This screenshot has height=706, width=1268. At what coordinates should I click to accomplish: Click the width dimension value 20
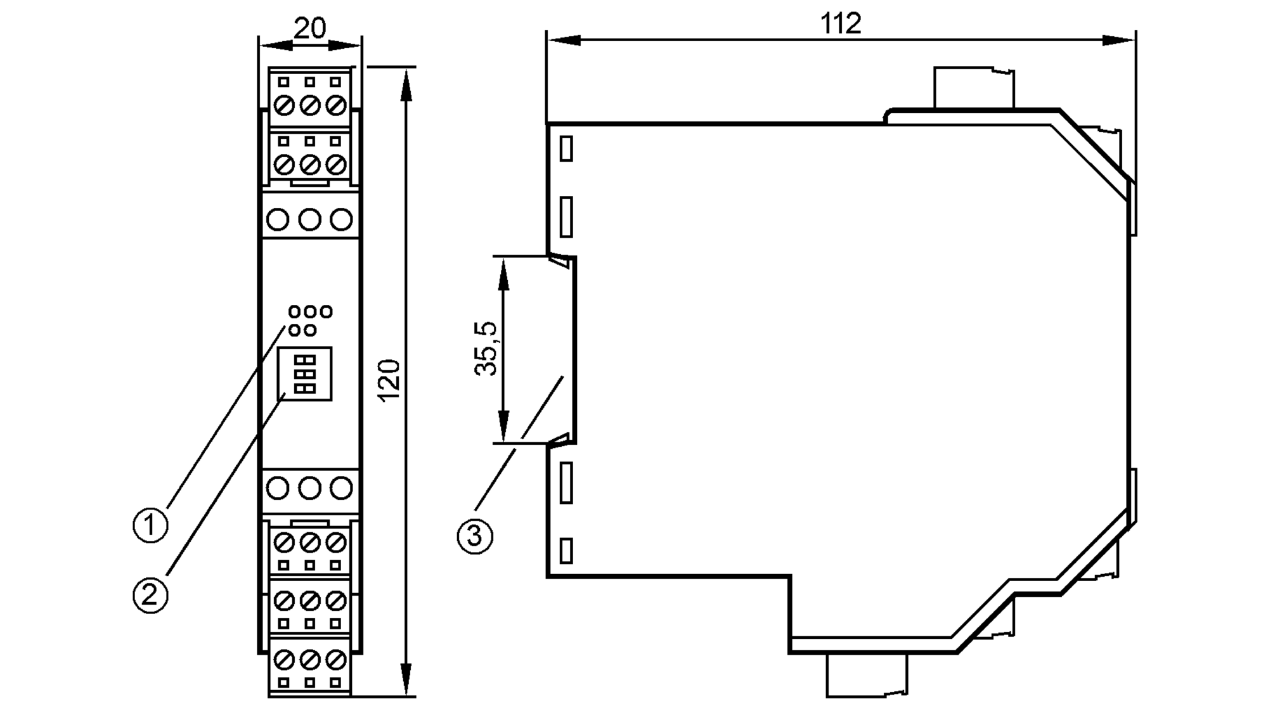[310, 28]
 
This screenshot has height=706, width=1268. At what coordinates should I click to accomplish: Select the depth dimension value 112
[841, 24]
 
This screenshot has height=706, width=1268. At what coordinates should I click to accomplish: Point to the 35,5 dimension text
[488, 349]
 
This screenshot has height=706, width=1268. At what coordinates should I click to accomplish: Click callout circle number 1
[151, 525]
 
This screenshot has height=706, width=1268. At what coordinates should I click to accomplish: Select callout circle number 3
[475, 537]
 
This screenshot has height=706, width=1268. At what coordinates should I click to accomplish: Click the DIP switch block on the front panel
[306, 374]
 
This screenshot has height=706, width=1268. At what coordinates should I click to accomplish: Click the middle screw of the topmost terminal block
[309, 105]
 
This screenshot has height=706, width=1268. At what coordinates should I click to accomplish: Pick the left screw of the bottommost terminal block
[284, 660]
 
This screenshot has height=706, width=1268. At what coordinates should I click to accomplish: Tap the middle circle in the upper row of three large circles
[309, 220]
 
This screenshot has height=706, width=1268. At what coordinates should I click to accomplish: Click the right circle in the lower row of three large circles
[342, 488]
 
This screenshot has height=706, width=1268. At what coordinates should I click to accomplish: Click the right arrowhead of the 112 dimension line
[1120, 41]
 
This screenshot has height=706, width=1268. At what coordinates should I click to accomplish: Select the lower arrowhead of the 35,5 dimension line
[503, 427]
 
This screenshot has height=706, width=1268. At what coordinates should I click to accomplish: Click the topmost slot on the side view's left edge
[566, 149]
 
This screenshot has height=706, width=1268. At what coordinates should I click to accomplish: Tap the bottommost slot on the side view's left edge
[566, 550]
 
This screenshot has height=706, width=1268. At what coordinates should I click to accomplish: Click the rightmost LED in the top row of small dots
[326, 311]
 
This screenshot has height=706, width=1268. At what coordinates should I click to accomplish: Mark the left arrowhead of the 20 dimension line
[275, 46]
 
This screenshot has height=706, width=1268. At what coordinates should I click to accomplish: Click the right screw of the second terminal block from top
[335, 165]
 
